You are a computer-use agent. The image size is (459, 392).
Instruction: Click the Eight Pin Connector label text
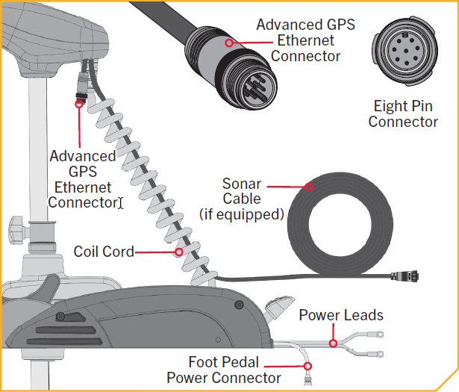click(x=403, y=114)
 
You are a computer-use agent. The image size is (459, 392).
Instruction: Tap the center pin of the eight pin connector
click(x=406, y=51)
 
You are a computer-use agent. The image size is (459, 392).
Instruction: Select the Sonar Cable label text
click(x=242, y=191)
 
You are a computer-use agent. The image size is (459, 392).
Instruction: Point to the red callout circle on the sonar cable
click(x=309, y=187)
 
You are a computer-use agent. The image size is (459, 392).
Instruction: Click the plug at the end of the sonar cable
click(x=405, y=276)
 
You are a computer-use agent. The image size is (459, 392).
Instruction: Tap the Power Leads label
click(x=341, y=315)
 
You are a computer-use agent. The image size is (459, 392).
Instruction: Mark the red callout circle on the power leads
click(x=333, y=343)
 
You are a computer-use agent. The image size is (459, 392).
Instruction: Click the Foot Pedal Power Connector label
click(x=224, y=370)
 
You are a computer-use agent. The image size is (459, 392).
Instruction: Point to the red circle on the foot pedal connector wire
click(x=307, y=366)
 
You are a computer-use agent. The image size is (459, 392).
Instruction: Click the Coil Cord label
click(x=104, y=252)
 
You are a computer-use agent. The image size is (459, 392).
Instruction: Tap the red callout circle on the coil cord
click(x=179, y=252)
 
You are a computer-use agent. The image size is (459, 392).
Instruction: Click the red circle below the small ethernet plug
click(x=79, y=104)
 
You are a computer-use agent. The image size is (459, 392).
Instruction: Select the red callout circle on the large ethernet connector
click(x=229, y=43)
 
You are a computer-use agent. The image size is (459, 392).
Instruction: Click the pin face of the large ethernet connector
click(x=255, y=88)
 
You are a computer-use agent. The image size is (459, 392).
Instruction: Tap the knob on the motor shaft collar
click(x=16, y=230)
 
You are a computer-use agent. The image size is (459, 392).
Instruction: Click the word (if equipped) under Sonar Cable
click(x=242, y=214)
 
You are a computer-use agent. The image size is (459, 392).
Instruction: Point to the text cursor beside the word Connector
click(x=121, y=203)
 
